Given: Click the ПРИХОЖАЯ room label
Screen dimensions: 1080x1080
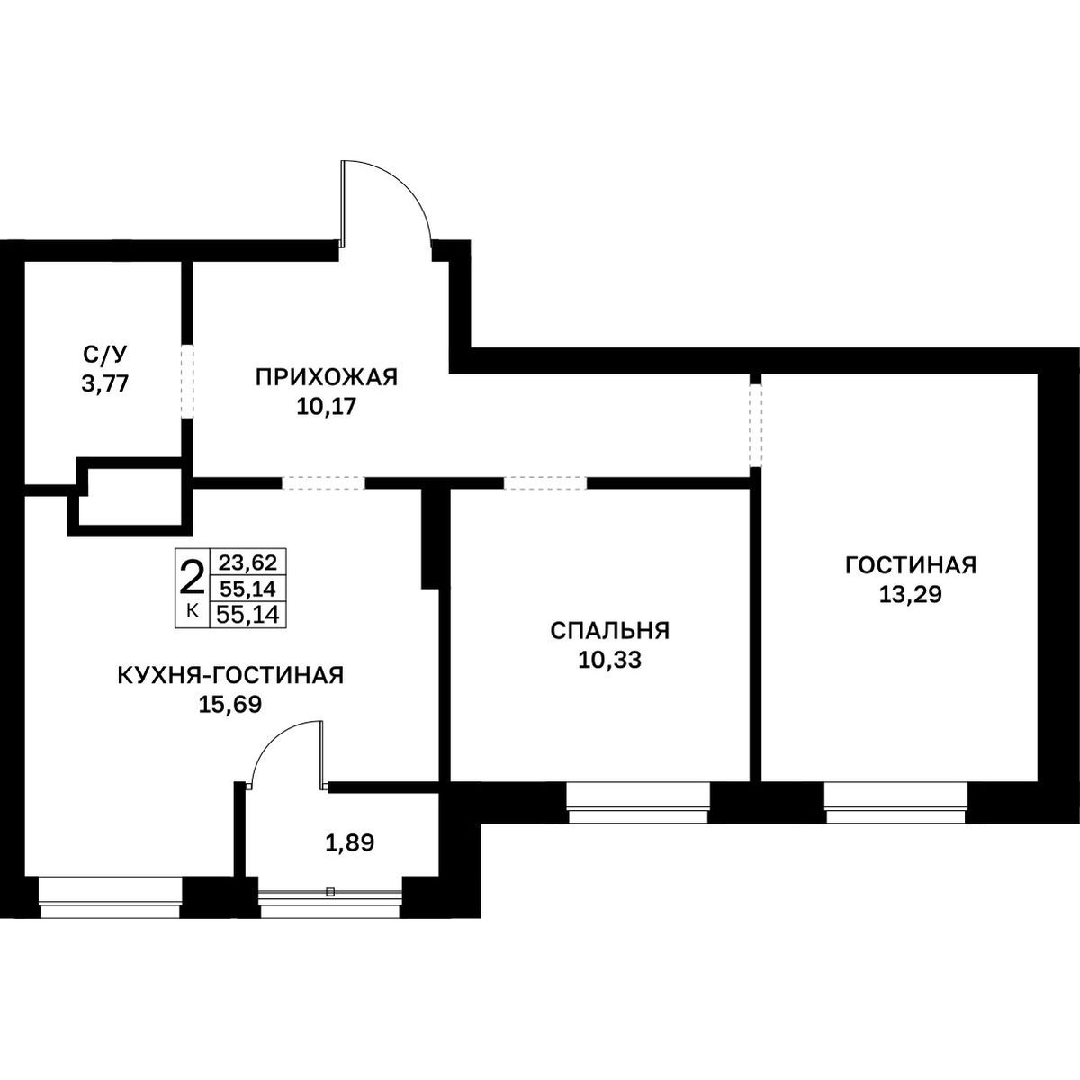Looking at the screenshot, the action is [x=326, y=377].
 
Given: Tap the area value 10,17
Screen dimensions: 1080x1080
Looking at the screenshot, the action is [x=326, y=406].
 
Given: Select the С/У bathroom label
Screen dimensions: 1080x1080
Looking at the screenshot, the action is [x=105, y=354].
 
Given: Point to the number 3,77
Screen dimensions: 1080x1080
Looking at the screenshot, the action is [x=105, y=384].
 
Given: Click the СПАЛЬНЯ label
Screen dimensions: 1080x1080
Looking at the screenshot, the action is [x=610, y=631].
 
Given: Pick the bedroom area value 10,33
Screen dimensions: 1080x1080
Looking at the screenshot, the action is [x=610, y=661].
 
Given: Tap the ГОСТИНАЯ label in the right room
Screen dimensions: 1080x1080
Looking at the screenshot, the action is [x=911, y=565].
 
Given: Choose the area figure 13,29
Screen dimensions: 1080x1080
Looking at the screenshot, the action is [x=911, y=595].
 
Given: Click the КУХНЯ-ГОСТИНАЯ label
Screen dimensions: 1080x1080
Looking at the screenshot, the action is [x=230, y=675].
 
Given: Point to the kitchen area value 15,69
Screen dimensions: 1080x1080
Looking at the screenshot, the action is [x=230, y=705].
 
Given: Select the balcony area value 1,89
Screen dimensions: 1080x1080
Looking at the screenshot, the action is [x=350, y=842].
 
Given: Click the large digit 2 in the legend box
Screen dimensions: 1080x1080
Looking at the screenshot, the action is [x=192, y=580].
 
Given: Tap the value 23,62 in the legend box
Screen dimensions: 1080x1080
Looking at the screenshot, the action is [x=248, y=561].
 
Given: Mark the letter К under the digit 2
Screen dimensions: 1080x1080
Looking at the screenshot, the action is [x=192, y=610].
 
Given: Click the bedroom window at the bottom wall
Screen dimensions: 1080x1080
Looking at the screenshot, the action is [x=638, y=803].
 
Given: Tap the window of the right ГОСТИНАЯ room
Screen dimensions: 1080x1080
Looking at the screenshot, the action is [x=895, y=803].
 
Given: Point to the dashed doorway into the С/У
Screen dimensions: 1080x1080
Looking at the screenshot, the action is [x=187, y=382].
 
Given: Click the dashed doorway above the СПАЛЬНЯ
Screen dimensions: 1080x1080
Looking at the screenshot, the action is [x=545, y=482].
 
